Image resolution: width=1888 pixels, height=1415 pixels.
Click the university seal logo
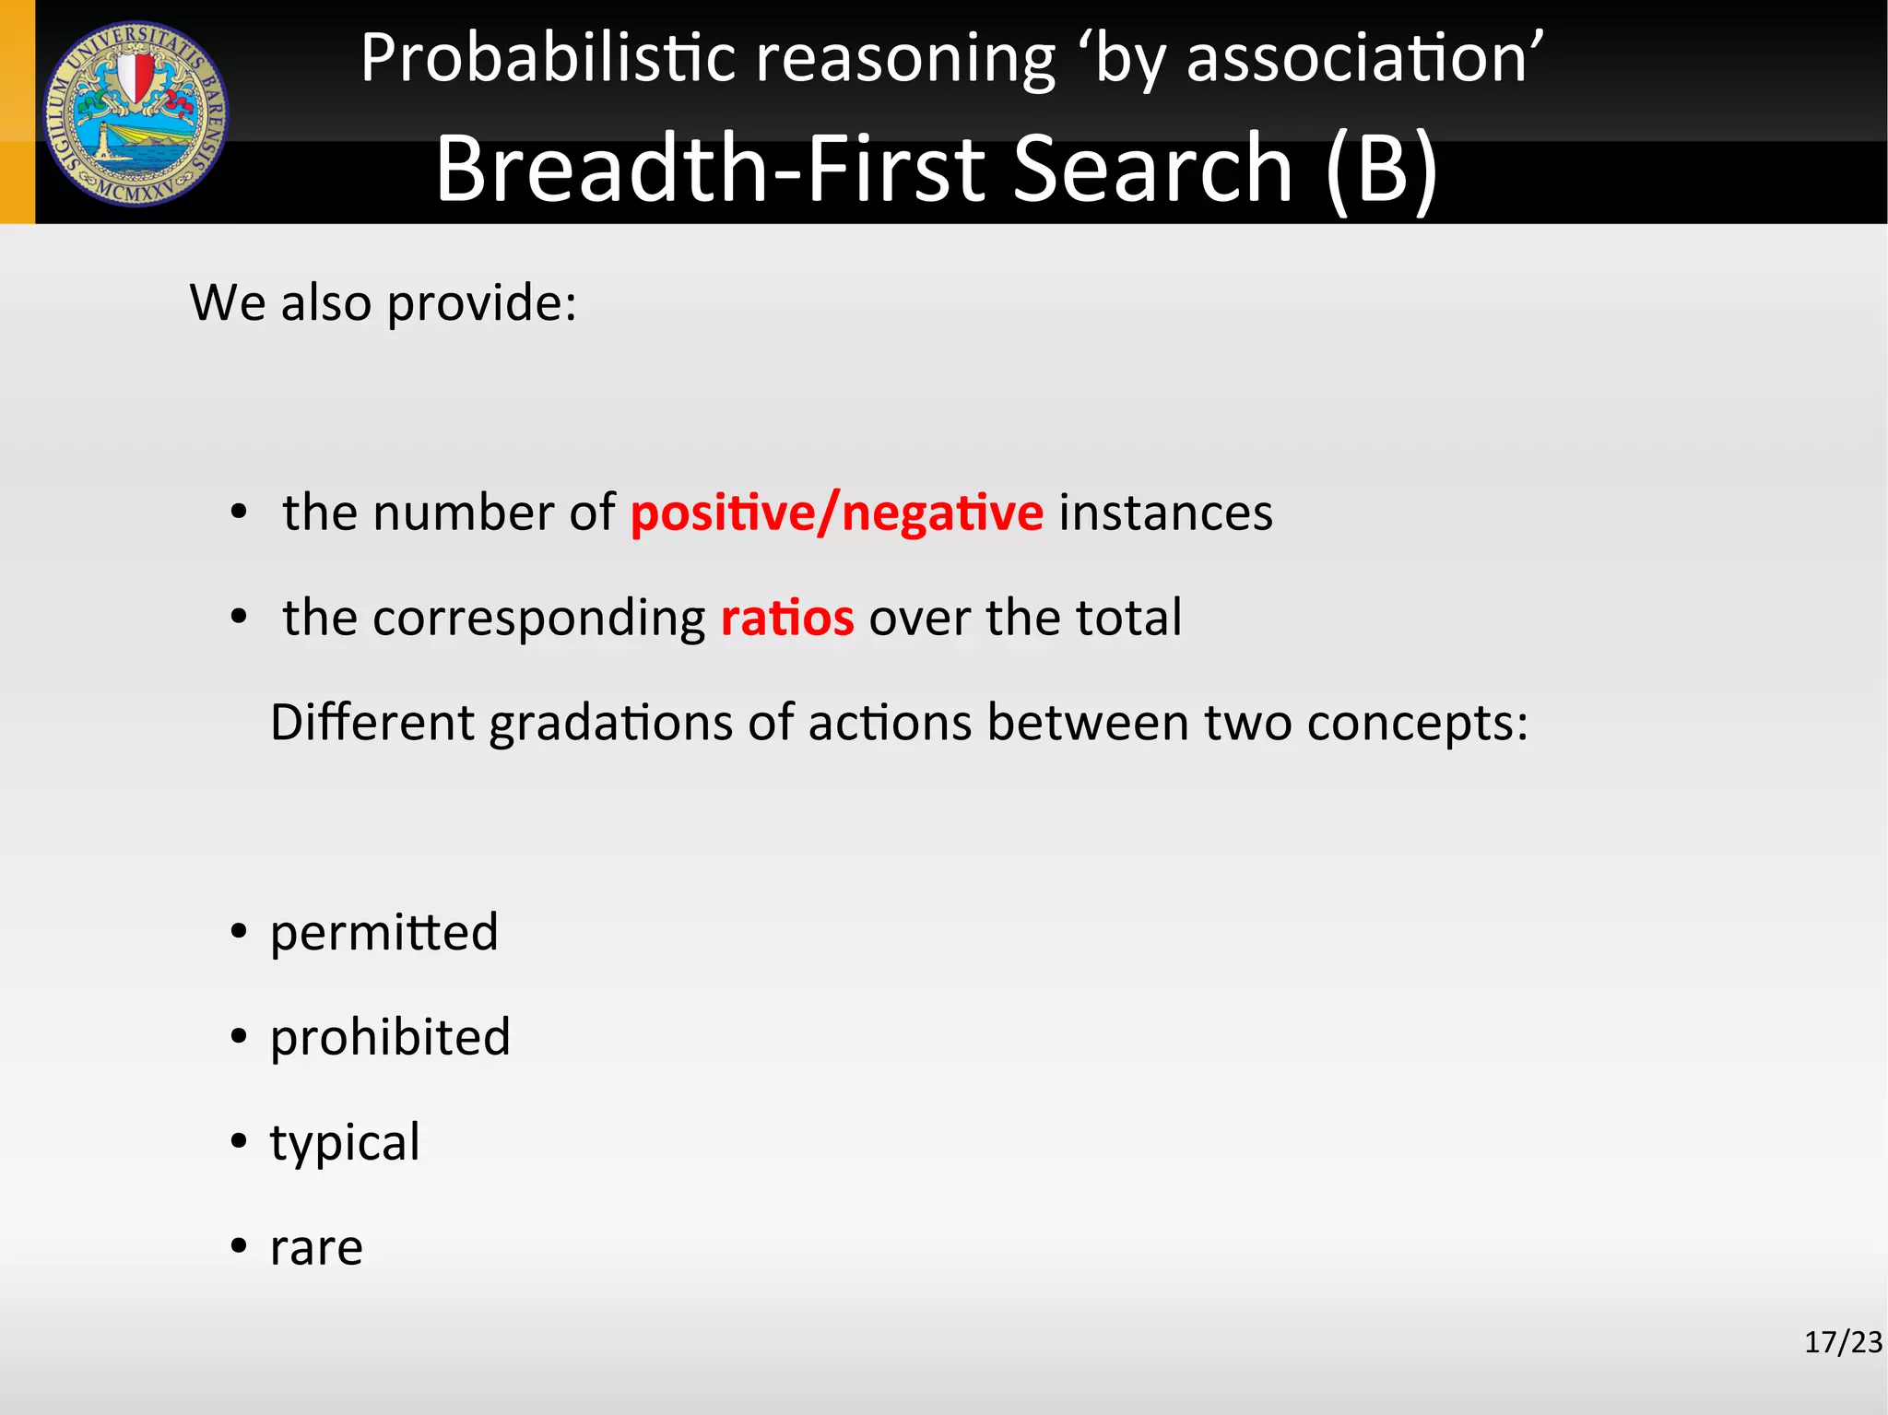tap(136, 113)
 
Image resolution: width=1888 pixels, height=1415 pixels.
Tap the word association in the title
tap(1356, 58)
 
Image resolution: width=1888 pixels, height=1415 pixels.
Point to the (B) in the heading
tap(1381, 170)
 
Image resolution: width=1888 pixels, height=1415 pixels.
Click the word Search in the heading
tap(1152, 168)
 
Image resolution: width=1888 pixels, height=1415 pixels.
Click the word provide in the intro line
tap(481, 303)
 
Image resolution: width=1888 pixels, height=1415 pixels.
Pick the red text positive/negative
tap(836, 513)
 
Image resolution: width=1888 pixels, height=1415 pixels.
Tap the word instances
tap(1165, 513)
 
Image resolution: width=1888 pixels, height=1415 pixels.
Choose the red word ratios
tap(786, 618)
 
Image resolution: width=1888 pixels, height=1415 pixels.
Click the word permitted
tap(383, 932)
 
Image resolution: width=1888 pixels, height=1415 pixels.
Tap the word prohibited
tap(390, 1037)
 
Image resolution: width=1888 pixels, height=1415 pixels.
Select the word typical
tap(345, 1144)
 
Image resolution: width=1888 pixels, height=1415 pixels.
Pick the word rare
tap(316, 1249)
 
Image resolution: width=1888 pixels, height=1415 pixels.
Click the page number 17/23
tap(1842, 1342)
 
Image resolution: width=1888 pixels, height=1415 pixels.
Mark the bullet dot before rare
tap(240, 1247)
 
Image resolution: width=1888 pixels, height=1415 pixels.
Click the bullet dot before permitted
tap(240, 932)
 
